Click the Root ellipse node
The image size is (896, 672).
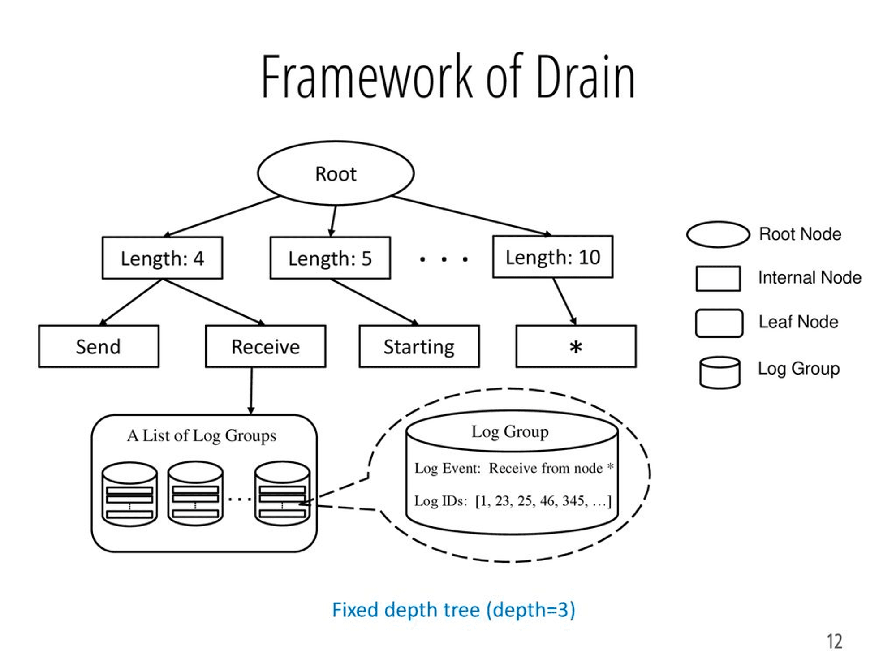coord(336,173)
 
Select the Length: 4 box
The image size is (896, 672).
coord(162,258)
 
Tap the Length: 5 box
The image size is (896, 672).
coord(330,258)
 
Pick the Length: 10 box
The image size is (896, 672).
coord(553,257)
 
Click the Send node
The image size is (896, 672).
coord(99,346)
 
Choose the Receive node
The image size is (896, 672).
coord(266,346)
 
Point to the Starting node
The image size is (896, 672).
coord(419,346)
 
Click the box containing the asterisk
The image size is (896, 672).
coord(576,346)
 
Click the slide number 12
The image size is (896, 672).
coord(834,642)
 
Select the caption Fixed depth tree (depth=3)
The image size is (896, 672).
coord(453,610)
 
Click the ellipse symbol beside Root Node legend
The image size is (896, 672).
coord(718,234)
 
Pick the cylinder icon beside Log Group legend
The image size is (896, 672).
coord(719,372)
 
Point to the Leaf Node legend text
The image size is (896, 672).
coord(798,322)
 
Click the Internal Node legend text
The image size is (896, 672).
coord(809,278)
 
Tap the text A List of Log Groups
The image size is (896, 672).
coord(202,435)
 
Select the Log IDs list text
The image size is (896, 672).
coord(513,500)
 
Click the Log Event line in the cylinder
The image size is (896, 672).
coord(513,468)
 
